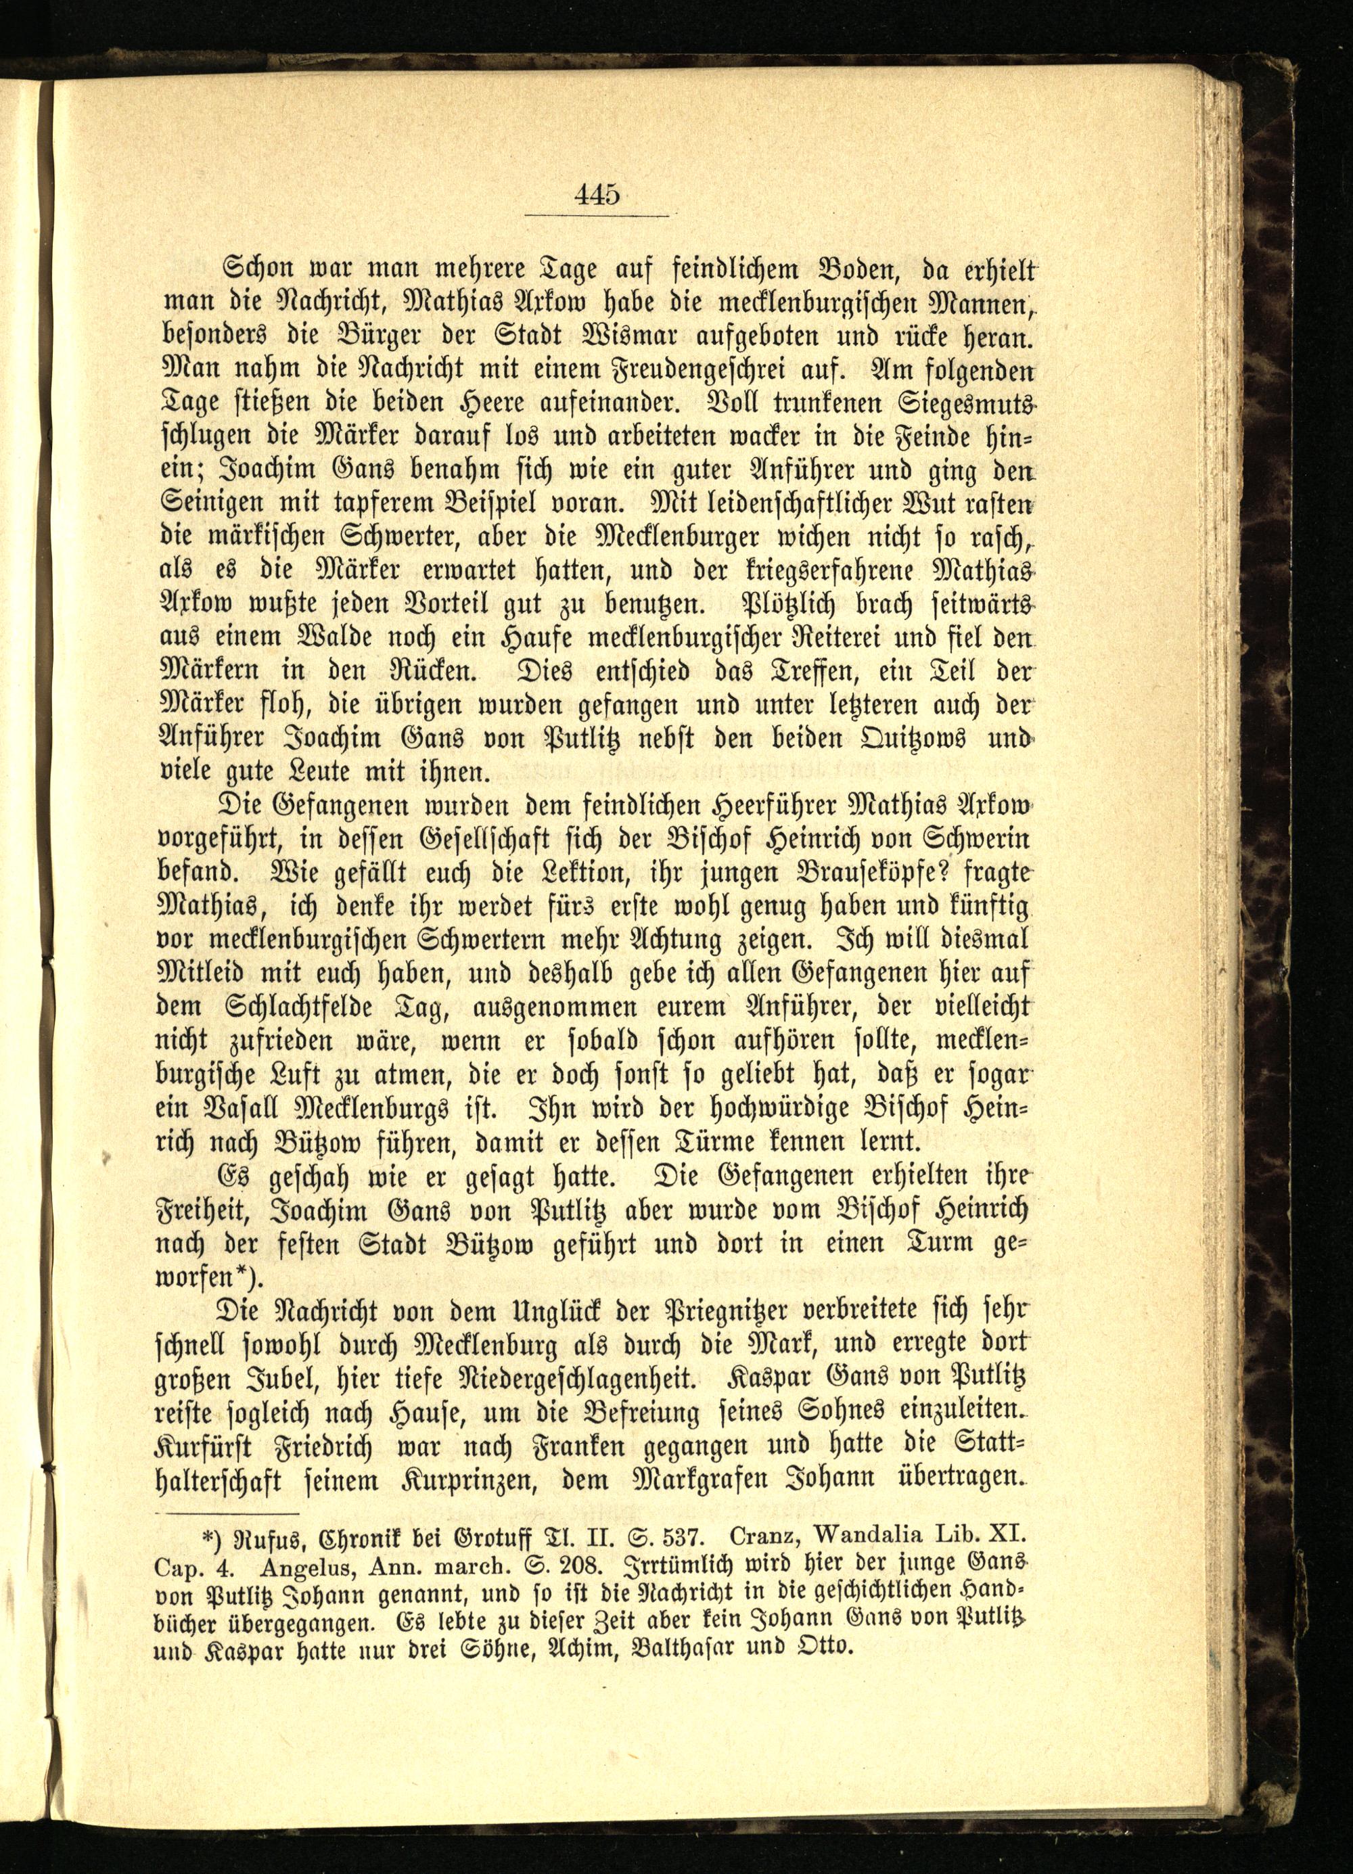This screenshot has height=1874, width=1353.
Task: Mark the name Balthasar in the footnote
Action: click(x=697, y=1641)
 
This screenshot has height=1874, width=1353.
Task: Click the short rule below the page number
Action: click(x=597, y=216)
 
